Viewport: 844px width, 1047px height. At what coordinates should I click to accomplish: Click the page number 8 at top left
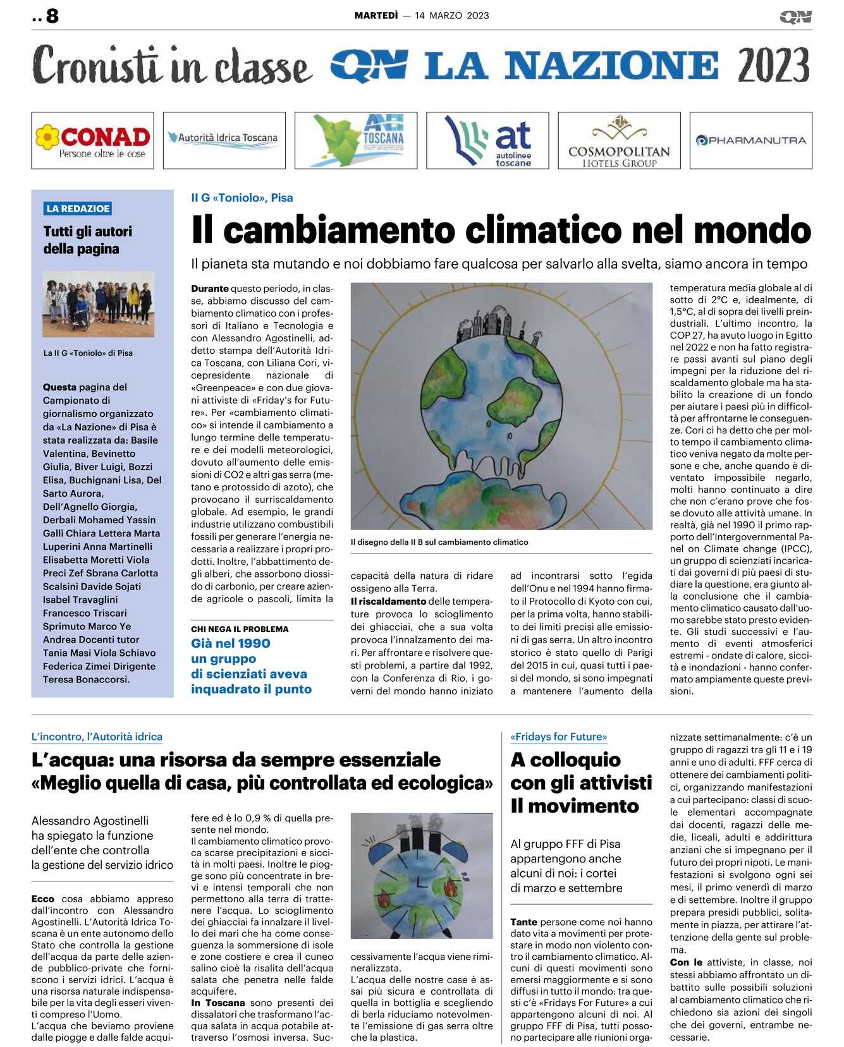(52, 16)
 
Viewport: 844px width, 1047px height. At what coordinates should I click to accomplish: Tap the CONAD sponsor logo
(92, 140)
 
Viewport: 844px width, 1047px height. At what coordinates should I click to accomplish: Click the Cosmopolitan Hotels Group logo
(618, 140)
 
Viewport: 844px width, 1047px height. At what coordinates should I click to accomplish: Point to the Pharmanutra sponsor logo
(750, 140)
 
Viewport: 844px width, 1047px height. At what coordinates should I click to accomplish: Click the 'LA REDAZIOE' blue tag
(78, 209)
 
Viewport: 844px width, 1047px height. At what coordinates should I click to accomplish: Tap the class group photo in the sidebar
(98, 304)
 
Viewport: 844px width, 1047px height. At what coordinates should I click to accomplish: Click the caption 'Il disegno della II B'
(439, 542)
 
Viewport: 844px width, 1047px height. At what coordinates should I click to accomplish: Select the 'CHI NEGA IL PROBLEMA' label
(240, 629)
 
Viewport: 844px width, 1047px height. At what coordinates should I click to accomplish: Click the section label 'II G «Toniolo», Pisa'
(242, 198)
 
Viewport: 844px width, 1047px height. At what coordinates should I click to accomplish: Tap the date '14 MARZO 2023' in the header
(452, 16)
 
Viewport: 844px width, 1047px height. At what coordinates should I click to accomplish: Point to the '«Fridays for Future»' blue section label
(558, 737)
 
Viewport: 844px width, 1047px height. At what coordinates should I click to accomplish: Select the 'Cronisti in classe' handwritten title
(171, 66)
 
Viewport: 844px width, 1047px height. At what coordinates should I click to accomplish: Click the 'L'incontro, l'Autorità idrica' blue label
(97, 737)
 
